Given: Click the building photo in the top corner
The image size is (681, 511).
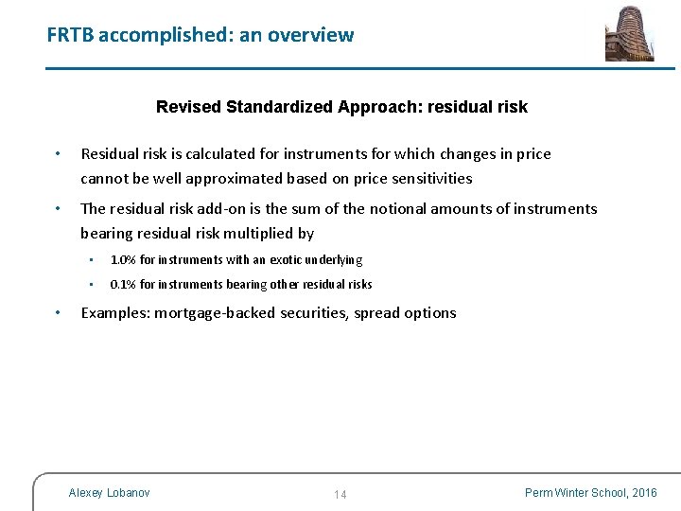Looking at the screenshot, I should [629, 33].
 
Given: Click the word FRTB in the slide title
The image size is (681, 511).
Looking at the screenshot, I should [70, 36].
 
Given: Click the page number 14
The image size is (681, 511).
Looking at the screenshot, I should [340, 495].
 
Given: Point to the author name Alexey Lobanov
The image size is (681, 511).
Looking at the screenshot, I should [109, 493].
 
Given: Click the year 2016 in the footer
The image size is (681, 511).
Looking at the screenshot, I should [644, 493].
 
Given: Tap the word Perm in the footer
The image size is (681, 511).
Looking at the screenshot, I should [540, 493].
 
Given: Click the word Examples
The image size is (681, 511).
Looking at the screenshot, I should [115, 313].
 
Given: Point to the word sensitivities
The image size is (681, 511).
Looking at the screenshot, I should [426, 179].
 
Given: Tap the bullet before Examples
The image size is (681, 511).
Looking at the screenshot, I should [59, 313].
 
